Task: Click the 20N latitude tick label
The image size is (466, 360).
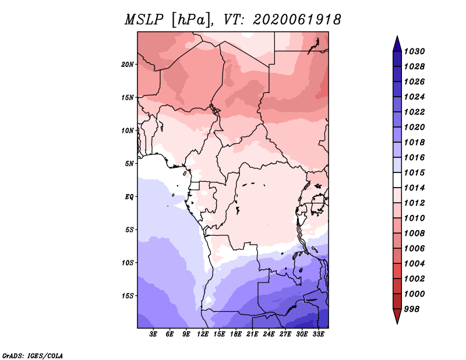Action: point(128,65)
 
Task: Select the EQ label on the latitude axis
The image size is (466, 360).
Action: point(129,197)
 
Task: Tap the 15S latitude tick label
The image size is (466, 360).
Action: point(128,296)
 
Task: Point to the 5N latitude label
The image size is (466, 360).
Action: point(129,164)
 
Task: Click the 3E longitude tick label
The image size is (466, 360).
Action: point(153,334)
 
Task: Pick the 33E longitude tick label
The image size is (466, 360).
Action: point(318,334)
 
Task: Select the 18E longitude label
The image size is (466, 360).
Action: point(235,334)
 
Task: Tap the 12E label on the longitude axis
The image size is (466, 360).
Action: point(202,334)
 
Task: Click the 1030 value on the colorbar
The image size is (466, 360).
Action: point(414,51)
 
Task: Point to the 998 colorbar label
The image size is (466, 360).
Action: point(412,309)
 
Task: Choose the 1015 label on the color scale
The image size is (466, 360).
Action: point(414,172)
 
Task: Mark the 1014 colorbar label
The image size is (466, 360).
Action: point(414,188)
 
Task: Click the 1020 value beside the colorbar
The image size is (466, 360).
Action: point(414,127)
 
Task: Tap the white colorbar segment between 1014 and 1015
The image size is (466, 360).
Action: point(397,180)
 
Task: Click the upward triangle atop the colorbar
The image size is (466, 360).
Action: point(397,44)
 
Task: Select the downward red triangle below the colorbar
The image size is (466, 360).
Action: point(397,316)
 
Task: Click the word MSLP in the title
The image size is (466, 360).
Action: point(144,20)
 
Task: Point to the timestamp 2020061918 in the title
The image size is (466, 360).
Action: point(297,20)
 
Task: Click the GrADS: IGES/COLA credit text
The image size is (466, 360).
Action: point(33,356)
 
